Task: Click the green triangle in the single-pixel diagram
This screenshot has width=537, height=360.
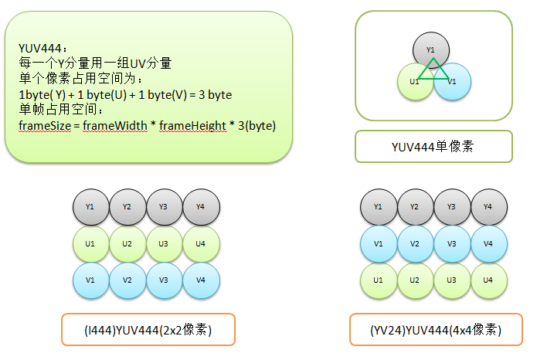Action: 432,70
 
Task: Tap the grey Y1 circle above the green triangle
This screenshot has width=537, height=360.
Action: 430,46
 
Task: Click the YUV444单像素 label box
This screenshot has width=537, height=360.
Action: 433,146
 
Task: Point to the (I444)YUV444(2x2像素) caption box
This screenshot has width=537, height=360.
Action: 148,330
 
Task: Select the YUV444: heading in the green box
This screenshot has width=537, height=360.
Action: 36,48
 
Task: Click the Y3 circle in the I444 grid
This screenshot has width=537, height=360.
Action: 165,207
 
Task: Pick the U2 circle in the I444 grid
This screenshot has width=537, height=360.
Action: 127,244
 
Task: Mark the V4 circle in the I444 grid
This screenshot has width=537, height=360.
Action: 201,280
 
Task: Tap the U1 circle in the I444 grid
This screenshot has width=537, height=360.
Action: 91,244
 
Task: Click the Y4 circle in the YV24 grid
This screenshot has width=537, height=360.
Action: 488,207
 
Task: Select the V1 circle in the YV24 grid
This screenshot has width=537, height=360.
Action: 379,244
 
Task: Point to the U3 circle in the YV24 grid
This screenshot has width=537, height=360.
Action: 452,280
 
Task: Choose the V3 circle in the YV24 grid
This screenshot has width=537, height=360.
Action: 452,244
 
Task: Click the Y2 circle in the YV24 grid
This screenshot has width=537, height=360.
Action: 416,207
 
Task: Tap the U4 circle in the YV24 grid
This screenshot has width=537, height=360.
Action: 488,280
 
